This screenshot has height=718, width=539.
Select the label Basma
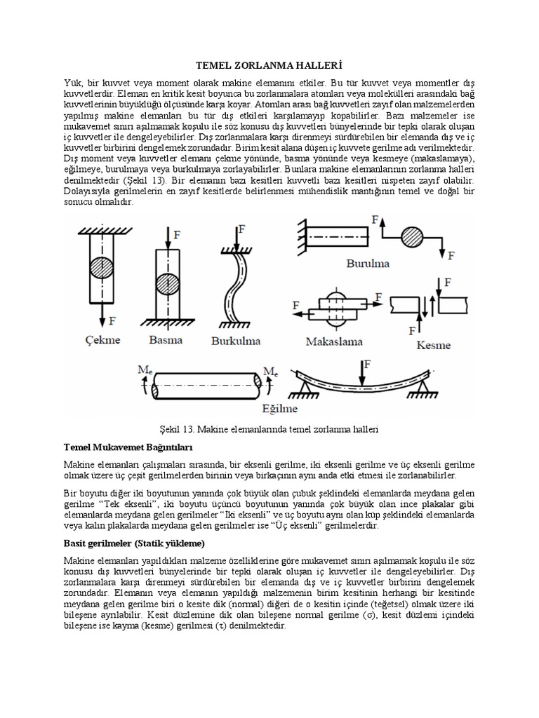tap(166, 341)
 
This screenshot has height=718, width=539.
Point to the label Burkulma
tap(237, 341)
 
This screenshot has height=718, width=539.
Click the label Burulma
tap(368, 264)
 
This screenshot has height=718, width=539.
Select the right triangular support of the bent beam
tap(422, 384)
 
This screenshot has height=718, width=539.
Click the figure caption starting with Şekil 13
tap(269, 428)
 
